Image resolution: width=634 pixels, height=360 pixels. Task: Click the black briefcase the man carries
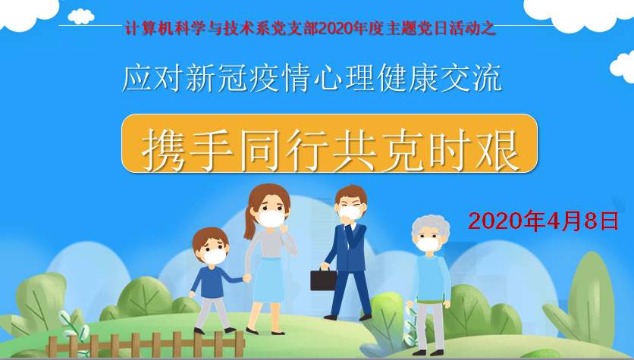click(323, 279)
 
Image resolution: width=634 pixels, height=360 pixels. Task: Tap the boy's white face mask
click(215, 256)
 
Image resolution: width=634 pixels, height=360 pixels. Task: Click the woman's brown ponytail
click(250, 221)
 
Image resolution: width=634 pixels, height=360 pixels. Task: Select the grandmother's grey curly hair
click(431, 227)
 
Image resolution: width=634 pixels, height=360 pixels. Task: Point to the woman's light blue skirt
click(269, 280)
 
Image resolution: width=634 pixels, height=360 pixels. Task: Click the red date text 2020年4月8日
click(543, 221)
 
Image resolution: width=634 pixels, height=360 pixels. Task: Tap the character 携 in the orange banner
click(164, 150)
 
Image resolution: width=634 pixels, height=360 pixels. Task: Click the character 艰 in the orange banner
click(497, 150)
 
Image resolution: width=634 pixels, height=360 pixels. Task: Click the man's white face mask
click(350, 212)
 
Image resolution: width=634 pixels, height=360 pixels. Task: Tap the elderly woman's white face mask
click(428, 244)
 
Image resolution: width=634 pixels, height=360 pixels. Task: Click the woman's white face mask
click(271, 218)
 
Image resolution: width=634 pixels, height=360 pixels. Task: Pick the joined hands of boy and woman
click(246, 278)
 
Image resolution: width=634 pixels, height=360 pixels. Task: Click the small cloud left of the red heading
click(81, 16)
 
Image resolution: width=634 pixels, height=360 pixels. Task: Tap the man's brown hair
click(351, 194)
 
